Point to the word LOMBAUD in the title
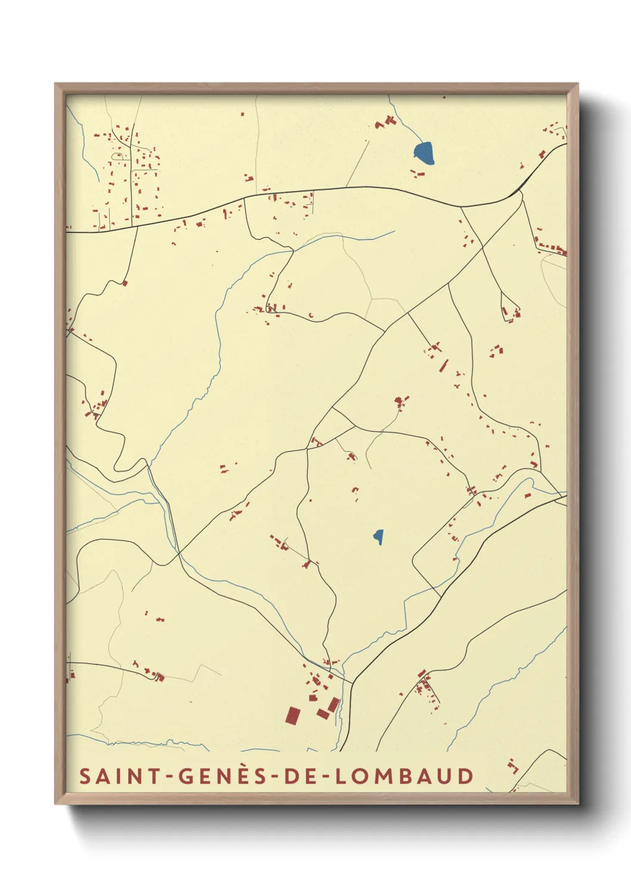(404, 777)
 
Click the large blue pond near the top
(424, 153)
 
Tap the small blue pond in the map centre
(378, 537)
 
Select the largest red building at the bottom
(293, 715)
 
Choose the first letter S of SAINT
(85, 777)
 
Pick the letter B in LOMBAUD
(405, 777)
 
